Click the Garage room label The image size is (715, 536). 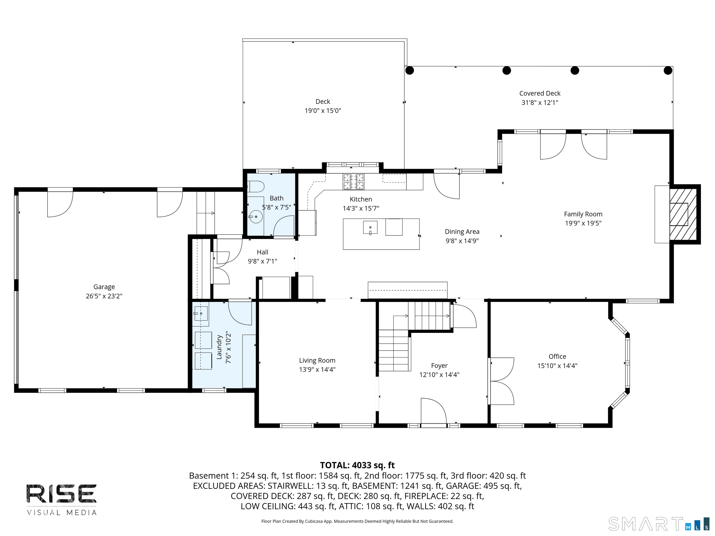tap(104, 287)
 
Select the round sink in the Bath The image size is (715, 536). tap(256, 216)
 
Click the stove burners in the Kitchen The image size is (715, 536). tap(353, 181)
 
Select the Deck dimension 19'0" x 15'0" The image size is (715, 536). tap(323, 111)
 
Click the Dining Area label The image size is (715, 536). tap(462, 232)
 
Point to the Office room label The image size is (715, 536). tap(557, 356)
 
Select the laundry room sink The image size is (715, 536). tap(201, 313)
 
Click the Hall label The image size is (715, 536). tap(263, 252)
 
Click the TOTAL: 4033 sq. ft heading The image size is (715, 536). tap(357, 465)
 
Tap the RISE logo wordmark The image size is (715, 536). tap(61, 494)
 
